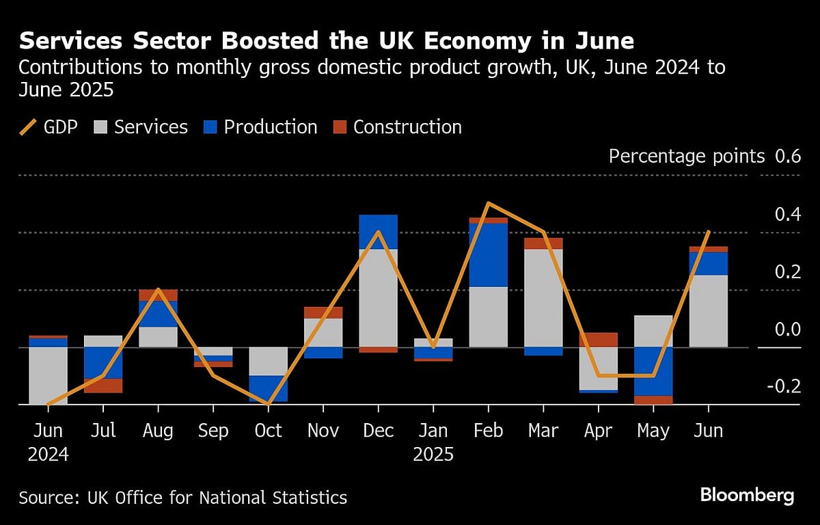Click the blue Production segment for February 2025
pyautogui.click(x=489, y=254)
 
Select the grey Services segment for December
pyautogui.click(x=378, y=297)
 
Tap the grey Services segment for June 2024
pyautogui.click(x=48, y=375)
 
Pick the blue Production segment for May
pyautogui.click(x=653, y=371)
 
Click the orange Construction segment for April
pyautogui.click(x=599, y=340)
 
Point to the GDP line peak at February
pyautogui.click(x=489, y=204)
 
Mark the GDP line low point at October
pyautogui.click(x=268, y=404)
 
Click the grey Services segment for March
pyautogui.click(x=543, y=297)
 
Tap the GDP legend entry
pyautogui.click(x=51, y=127)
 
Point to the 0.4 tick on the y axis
pyautogui.click(x=787, y=215)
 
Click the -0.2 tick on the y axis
pyautogui.click(x=784, y=388)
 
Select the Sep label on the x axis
pyautogui.click(x=213, y=431)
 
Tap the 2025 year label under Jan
pyautogui.click(x=433, y=455)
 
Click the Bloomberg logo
pyautogui.click(x=746, y=495)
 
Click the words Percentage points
pyautogui.click(x=686, y=157)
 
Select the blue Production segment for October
pyautogui.click(x=268, y=388)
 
